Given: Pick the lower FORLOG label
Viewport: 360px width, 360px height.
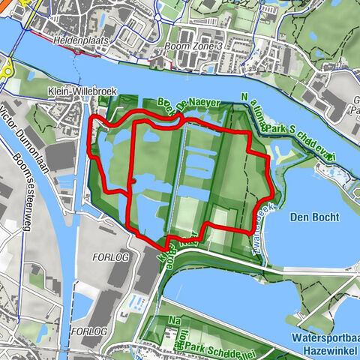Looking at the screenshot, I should coord(88,331).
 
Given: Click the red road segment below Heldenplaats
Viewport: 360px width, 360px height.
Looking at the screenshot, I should coord(75,52).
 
